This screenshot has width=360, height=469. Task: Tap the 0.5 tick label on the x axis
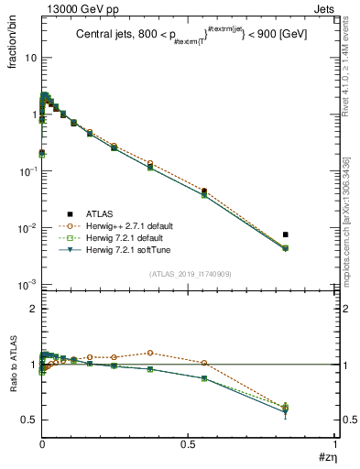point(188,443)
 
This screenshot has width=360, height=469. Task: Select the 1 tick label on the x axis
point(335,443)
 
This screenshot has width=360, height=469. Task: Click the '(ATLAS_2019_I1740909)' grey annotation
point(189,274)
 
